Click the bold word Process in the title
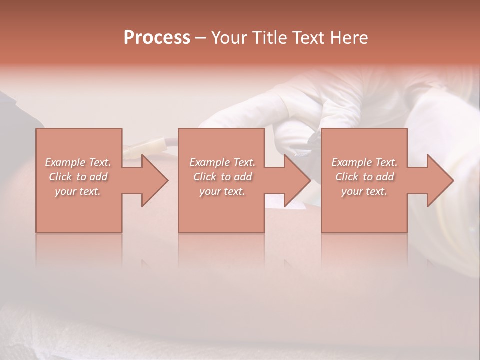coord(157,38)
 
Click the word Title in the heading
coord(268,38)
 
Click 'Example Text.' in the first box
coord(78,162)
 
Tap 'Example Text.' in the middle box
coord(222,162)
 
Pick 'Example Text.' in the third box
coord(364,162)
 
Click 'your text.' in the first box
coord(78,191)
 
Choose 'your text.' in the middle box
coord(222,191)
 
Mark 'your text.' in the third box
coord(364,191)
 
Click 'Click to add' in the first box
coord(78,177)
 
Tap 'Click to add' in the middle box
coord(222,177)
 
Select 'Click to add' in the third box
coord(364,177)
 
